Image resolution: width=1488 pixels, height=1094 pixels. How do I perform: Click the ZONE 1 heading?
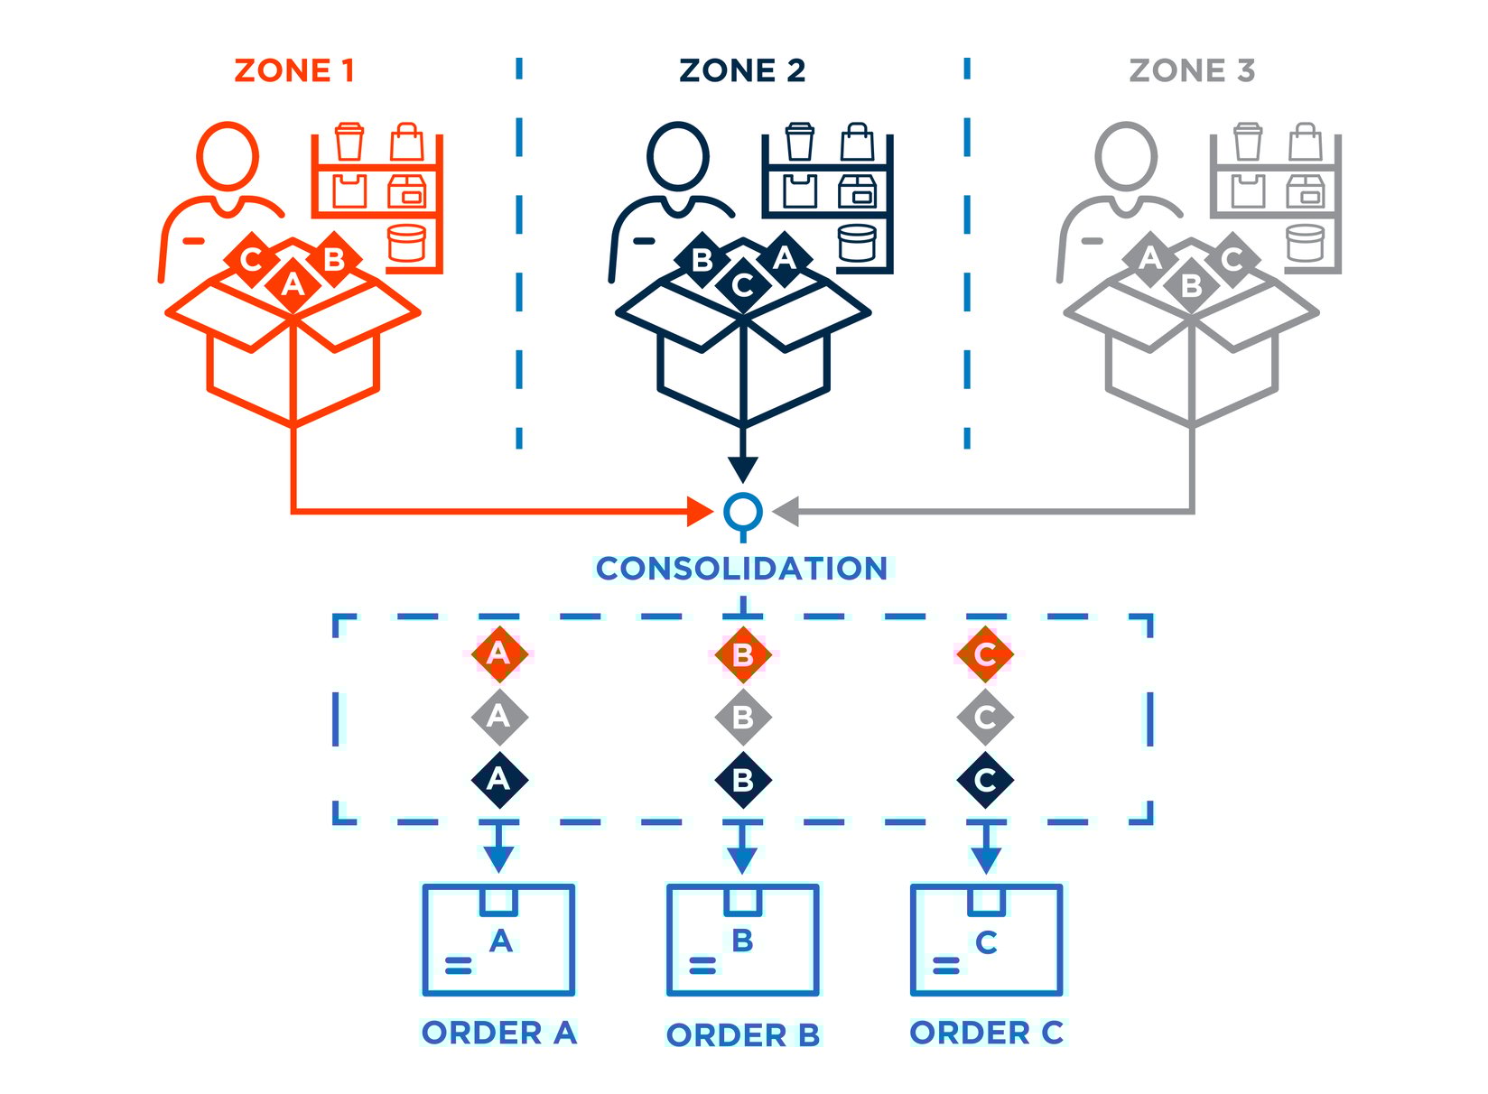click(x=294, y=70)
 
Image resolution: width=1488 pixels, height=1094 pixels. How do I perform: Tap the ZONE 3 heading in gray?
click(x=1192, y=70)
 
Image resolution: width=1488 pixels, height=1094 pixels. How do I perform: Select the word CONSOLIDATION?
click(x=742, y=569)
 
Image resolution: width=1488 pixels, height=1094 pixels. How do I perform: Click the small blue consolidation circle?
click(x=742, y=512)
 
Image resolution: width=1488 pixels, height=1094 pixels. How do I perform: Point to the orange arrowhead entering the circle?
click(x=700, y=512)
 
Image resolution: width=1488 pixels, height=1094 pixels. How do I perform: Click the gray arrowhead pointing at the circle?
click(x=786, y=512)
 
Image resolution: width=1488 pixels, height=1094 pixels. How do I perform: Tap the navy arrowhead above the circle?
click(x=742, y=468)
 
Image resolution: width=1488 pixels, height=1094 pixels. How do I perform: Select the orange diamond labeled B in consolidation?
click(x=742, y=654)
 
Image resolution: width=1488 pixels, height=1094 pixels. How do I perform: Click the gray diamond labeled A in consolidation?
click(x=498, y=717)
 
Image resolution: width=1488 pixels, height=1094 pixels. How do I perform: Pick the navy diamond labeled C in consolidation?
click(x=985, y=780)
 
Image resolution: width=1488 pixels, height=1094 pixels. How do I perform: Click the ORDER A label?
click(x=498, y=1033)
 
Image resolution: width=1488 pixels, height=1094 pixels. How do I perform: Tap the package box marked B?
click(x=742, y=940)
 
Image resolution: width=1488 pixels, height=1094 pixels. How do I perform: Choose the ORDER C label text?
click(x=986, y=1033)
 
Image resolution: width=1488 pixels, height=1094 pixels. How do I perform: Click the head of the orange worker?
click(x=228, y=155)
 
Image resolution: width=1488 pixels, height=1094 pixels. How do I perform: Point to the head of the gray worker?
click(x=1125, y=155)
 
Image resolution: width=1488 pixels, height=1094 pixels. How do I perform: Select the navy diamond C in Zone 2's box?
click(x=742, y=285)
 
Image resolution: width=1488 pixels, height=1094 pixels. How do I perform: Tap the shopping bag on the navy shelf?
click(x=856, y=142)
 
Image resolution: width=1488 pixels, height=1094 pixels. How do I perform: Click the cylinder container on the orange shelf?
click(x=406, y=242)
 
